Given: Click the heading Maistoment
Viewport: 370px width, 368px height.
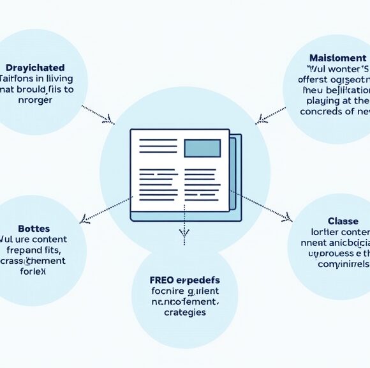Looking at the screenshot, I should coord(339,58).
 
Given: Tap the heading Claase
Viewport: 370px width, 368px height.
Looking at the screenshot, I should coord(343,220).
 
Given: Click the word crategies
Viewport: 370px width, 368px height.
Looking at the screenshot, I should coord(184,312).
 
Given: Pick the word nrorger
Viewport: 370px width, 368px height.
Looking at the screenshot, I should coord(36,100).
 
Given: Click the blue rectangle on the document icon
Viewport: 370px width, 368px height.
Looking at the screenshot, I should coord(202,148).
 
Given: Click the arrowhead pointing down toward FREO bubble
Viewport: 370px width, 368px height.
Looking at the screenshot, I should coord(184,240).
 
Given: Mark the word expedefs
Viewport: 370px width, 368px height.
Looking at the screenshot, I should coord(197,280).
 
